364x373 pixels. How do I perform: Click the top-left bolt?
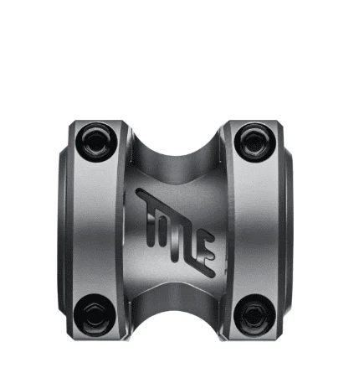tap(96, 142)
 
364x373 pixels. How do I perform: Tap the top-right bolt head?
tap(254, 142)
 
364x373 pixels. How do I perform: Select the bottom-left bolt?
tap(95, 314)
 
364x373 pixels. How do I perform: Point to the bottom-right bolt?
tap(255, 314)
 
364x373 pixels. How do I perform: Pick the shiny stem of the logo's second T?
tap(175, 245)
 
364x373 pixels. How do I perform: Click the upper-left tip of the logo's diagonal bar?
tap(138, 192)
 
